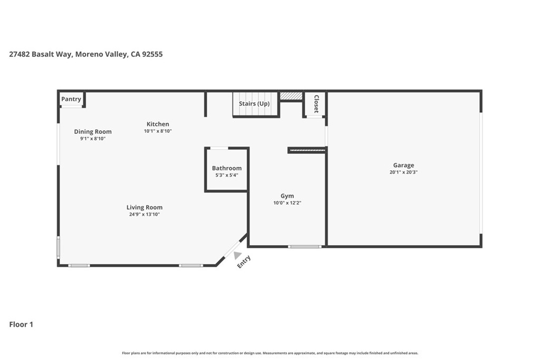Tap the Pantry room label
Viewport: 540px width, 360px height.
pos(71,99)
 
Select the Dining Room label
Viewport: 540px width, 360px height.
pos(93,132)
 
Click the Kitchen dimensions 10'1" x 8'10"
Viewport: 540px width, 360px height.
pos(158,131)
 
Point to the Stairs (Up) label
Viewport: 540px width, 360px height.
pos(254,104)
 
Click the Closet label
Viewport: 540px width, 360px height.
pos(316,104)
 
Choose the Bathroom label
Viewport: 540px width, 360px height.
pos(227,168)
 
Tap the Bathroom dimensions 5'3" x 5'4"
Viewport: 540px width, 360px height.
pos(227,175)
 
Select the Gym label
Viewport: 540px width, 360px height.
pos(287,196)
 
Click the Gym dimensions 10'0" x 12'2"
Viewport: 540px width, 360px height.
pos(287,203)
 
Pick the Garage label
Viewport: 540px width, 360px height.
pos(403,165)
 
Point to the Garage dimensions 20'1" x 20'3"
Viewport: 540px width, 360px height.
pos(403,172)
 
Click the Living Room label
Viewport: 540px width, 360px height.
pos(144,207)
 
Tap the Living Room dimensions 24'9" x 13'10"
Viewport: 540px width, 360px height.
pos(144,214)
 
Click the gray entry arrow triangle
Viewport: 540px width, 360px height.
pos(238,255)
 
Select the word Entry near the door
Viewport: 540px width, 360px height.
pos(244,262)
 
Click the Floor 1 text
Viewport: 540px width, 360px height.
pos(21,325)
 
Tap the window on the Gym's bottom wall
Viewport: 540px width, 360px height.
pos(305,246)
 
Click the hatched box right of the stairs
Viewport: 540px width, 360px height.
pos(291,96)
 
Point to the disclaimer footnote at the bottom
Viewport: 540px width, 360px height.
pos(270,353)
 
